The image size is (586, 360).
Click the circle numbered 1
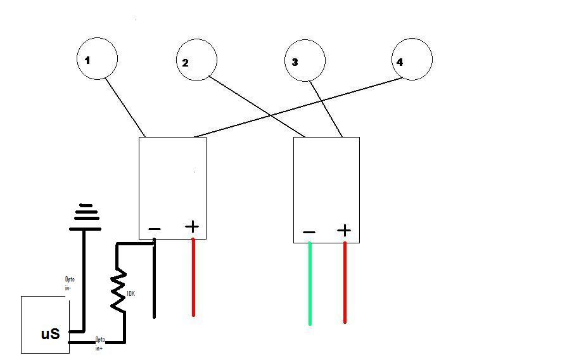point(97,59)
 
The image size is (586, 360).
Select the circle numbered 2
point(196,60)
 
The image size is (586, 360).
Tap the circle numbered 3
point(305,61)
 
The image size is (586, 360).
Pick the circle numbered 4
point(412,59)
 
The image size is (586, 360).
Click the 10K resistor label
point(131,293)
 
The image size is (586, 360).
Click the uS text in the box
point(50,333)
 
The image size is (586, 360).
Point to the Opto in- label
point(70,283)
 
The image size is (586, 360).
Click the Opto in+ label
point(100,344)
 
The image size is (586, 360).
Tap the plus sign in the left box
point(192,226)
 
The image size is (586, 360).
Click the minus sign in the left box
point(155,229)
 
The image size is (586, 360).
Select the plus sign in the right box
point(344,230)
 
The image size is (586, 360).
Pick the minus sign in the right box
point(309,233)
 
